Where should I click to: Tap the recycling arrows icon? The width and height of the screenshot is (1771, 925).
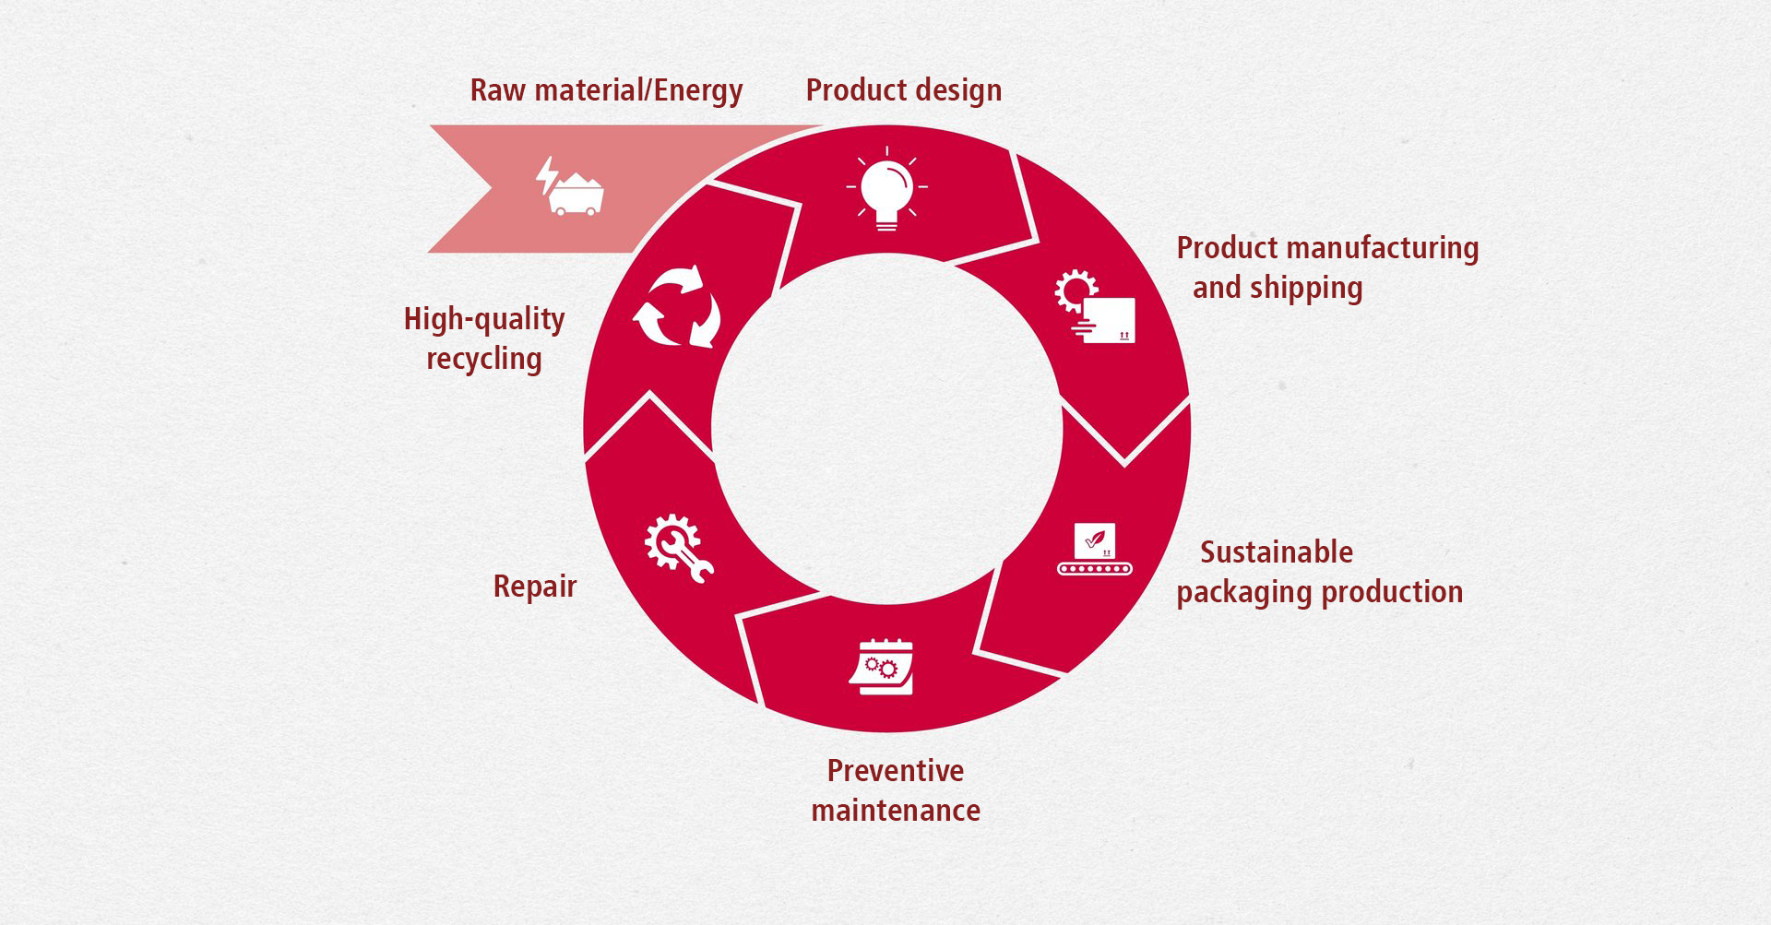click(x=678, y=306)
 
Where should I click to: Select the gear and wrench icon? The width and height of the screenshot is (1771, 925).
click(x=679, y=548)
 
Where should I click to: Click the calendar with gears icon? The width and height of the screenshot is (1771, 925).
click(x=882, y=666)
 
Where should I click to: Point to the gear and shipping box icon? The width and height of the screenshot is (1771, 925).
click(x=1095, y=306)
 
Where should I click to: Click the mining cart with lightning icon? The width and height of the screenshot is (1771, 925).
click(x=570, y=186)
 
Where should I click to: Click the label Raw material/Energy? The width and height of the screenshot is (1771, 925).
click(x=606, y=90)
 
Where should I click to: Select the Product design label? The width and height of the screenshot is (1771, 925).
click(x=904, y=90)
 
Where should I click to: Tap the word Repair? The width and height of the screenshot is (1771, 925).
click(x=535, y=587)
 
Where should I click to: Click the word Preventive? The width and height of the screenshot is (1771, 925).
click(x=896, y=770)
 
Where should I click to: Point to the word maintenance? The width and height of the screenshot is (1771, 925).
click(x=896, y=811)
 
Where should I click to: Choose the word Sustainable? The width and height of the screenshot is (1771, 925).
click(x=1277, y=552)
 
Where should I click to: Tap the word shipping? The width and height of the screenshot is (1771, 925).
click(x=1311, y=289)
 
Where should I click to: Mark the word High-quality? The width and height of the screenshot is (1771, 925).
click(x=484, y=320)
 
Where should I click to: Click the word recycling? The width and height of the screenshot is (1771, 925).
click(x=484, y=360)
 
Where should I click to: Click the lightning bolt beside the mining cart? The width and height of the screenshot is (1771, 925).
click(x=547, y=174)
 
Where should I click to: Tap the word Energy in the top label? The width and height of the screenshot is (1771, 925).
click(x=698, y=91)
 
